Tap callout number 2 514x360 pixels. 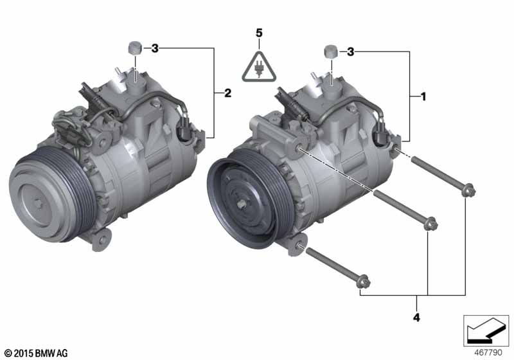(x=227, y=94)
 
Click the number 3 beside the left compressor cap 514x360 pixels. (x=154, y=48)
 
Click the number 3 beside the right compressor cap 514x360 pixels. (x=350, y=52)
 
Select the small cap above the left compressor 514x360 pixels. (x=134, y=46)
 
